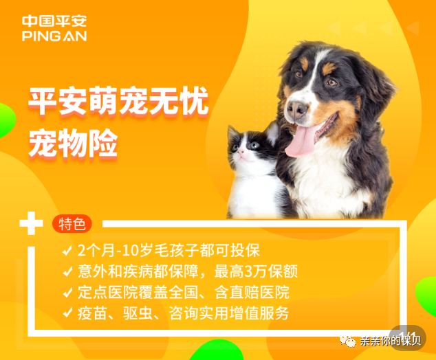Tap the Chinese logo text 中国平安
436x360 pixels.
(54, 21)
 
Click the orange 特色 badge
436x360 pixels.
(72, 224)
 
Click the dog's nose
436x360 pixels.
(297, 109)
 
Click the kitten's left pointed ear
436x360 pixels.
(234, 131)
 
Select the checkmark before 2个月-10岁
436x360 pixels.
(67, 249)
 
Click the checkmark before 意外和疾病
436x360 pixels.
(67, 270)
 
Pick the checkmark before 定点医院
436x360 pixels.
(67, 291)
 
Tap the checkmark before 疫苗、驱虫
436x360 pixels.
(67, 313)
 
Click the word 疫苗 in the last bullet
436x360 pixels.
(92, 313)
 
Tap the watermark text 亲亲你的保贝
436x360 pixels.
(393, 341)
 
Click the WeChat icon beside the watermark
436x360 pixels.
(351, 341)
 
